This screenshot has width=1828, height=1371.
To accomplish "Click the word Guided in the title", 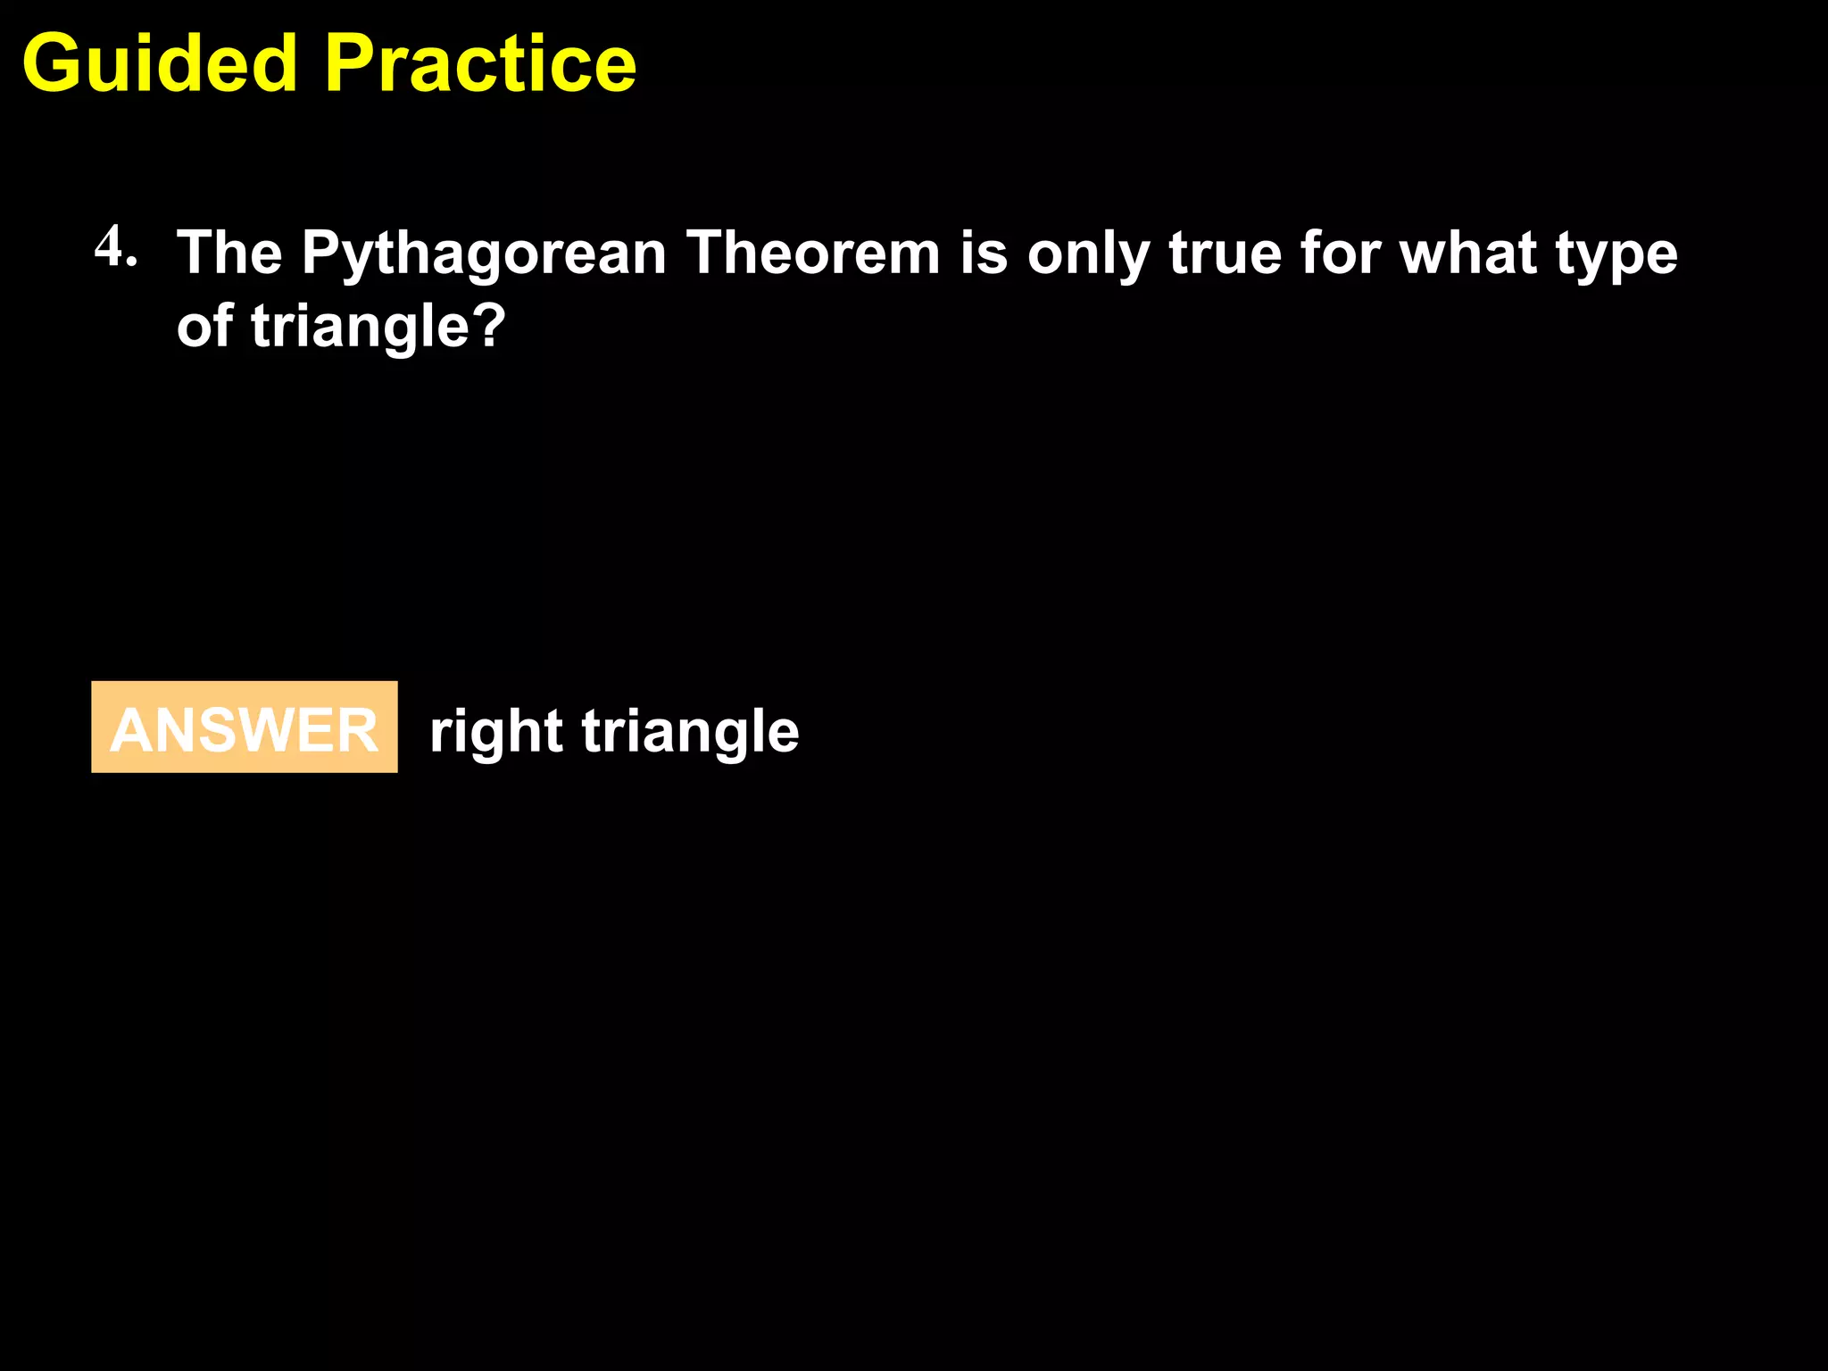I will [159, 64].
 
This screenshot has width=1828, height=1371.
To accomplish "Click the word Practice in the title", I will [480, 64].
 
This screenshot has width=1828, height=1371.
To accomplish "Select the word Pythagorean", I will [483, 254].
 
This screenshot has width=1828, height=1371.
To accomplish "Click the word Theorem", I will [812, 253].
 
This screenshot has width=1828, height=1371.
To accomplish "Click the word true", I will [1224, 253].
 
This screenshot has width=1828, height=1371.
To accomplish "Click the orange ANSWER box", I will [244, 727].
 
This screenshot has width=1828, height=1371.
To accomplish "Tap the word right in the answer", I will [495, 732].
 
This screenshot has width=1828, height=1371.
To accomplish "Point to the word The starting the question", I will [229, 253].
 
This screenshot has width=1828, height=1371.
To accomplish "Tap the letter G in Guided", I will [50, 64].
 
